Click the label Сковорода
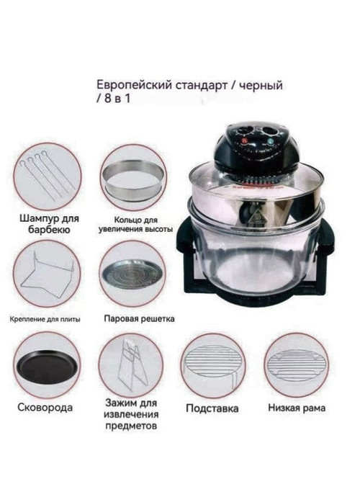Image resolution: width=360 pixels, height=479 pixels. click(x=45, y=408)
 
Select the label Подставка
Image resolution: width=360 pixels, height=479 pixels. click(x=212, y=408)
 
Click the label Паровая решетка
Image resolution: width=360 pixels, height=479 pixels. click(x=139, y=318)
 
